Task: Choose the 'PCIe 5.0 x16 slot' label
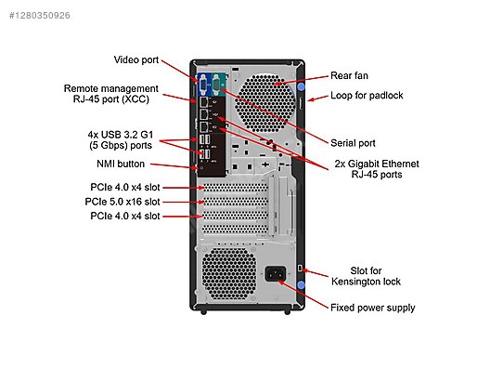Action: [x=122, y=201]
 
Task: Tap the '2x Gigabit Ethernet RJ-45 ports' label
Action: [x=377, y=168]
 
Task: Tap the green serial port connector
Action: [x=219, y=86]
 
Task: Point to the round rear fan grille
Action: [x=270, y=96]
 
